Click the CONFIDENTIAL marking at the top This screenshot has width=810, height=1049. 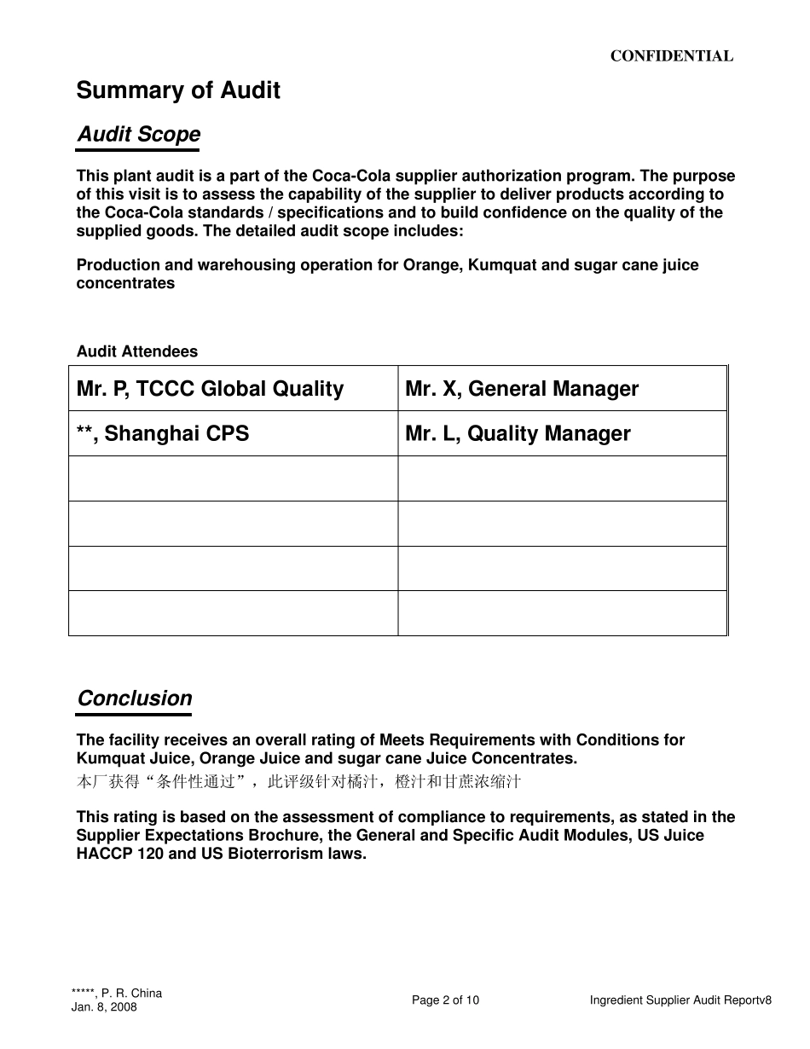click(x=671, y=56)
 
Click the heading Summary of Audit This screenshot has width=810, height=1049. click(x=178, y=90)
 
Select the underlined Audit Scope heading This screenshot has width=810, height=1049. click(x=139, y=135)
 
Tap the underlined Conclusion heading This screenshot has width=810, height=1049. click(x=135, y=698)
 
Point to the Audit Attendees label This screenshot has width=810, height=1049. click(x=136, y=351)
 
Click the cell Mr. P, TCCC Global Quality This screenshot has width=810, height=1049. click(x=210, y=389)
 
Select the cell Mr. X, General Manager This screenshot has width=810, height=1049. click(x=522, y=389)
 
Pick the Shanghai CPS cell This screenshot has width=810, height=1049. click(x=163, y=433)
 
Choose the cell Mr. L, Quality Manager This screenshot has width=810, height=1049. click(x=518, y=433)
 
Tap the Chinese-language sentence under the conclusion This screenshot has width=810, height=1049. click(x=298, y=781)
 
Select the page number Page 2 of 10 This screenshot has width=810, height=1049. click(x=445, y=1000)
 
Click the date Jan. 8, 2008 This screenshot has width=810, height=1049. click(x=104, y=1007)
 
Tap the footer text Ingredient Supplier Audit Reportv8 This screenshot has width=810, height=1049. click(x=680, y=1000)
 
